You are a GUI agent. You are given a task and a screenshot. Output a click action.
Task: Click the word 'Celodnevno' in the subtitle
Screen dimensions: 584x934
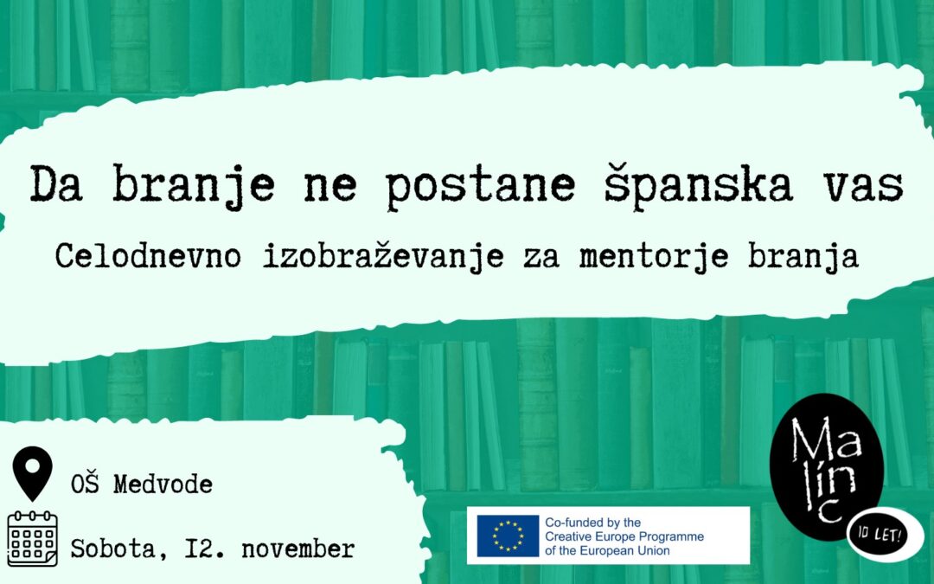coord(144,256)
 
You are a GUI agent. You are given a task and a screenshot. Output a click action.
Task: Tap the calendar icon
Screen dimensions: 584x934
coord(33,538)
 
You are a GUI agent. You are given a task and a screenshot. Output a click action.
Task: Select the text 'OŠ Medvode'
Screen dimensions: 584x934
coord(142,485)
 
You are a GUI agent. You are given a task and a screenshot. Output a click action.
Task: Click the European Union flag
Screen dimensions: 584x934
coord(506,536)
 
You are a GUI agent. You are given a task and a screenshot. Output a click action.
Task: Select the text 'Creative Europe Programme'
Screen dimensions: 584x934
coord(624,536)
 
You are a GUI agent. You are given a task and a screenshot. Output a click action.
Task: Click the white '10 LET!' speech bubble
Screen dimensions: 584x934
coord(885,533)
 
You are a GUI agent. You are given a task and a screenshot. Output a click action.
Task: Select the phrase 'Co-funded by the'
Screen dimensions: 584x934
coord(592,523)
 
